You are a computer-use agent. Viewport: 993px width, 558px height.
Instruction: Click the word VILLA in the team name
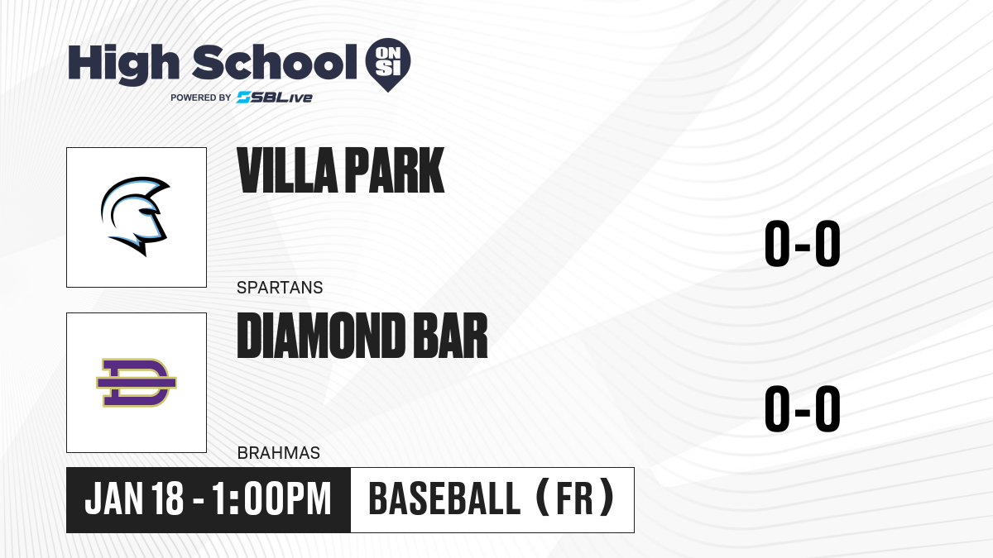click(x=288, y=170)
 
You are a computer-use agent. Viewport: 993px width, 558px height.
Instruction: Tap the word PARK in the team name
click(x=395, y=170)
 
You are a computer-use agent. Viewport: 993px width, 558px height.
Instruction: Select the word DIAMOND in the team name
click(x=321, y=336)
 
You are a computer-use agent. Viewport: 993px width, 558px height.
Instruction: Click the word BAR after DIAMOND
click(x=450, y=336)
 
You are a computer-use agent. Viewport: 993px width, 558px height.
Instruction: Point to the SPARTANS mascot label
click(x=280, y=288)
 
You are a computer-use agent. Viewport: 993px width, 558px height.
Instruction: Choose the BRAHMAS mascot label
click(x=279, y=453)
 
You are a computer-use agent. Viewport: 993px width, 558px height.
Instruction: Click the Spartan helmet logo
click(x=135, y=216)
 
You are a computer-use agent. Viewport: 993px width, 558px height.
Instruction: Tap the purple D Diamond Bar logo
click(x=137, y=383)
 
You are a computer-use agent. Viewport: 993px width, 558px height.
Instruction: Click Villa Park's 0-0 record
click(x=803, y=244)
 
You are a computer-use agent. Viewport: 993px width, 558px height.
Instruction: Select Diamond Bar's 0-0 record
click(x=803, y=408)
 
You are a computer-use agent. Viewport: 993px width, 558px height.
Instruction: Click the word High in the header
click(x=123, y=64)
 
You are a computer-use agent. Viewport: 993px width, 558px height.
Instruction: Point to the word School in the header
click(x=275, y=63)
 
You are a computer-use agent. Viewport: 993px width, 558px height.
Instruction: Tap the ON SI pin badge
click(x=388, y=64)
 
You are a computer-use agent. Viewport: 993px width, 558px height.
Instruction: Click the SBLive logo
click(x=275, y=98)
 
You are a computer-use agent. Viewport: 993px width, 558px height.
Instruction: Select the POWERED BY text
click(x=201, y=98)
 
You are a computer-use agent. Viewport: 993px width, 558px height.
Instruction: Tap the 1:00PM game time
click(x=271, y=499)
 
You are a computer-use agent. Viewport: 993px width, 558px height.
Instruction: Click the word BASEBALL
click(x=444, y=499)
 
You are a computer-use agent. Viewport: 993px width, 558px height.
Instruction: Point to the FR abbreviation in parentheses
click(x=575, y=499)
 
